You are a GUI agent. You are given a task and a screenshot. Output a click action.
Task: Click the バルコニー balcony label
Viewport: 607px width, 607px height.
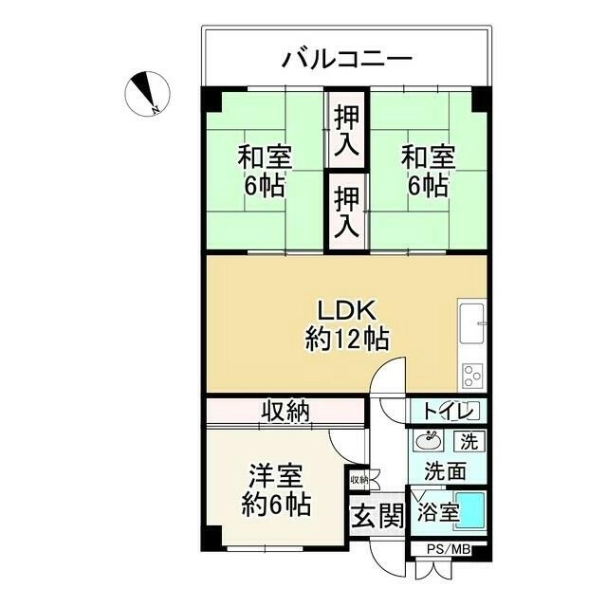tap(347, 59)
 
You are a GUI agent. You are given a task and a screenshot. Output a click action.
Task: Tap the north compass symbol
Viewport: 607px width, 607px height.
tap(147, 94)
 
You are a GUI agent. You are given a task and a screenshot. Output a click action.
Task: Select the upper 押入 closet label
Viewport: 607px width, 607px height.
tap(346, 131)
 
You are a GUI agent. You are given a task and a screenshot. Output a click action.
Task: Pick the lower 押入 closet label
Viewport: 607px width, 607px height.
tap(346, 212)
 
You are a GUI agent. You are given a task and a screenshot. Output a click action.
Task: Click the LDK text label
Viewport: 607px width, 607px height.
tap(346, 311)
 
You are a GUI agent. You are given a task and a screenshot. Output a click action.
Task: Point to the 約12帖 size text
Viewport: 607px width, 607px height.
tap(347, 340)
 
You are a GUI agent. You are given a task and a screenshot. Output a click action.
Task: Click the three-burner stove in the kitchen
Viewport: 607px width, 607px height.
tap(472, 376)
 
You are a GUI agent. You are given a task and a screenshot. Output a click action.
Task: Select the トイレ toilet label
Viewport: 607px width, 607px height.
tap(449, 411)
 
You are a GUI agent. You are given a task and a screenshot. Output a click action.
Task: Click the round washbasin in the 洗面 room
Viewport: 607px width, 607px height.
tap(428, 440)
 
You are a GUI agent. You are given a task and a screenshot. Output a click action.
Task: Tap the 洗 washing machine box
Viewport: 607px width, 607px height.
tap(469, 441)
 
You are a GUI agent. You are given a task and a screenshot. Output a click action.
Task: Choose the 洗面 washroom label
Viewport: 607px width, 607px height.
tap(445, 470)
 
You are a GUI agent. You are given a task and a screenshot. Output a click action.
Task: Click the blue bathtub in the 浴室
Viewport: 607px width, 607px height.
tap(470, 511)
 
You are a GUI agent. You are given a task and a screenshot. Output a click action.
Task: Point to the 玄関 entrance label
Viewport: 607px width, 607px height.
tap(377, 516)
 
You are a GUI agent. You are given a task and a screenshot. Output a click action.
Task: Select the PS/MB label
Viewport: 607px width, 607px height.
tap(449, 549)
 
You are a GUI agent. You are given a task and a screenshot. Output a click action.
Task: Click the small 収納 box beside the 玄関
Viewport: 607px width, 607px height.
tap(359, 480)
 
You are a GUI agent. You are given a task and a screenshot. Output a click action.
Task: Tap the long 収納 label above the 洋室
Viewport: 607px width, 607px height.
tap(285, 411)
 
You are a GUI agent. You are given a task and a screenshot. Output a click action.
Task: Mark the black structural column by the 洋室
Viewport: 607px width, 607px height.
tap(211, 539)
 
